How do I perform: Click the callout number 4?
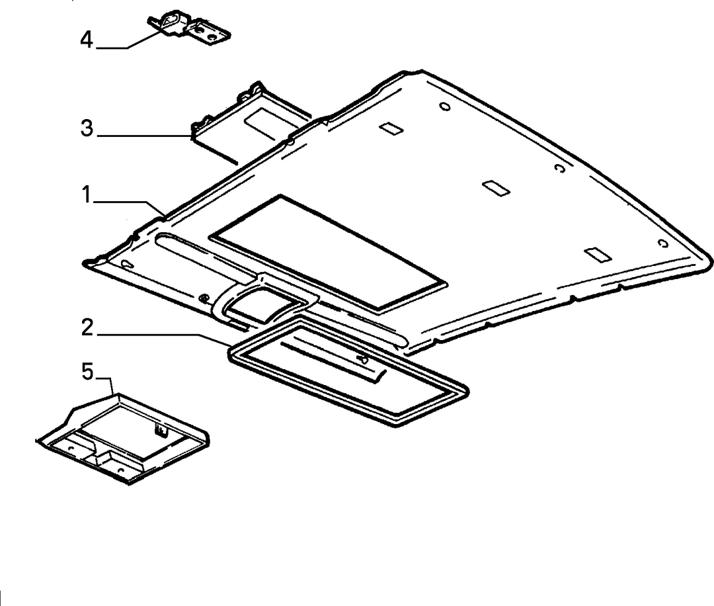(x=87, y=40)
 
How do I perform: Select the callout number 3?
(x=87, y=128)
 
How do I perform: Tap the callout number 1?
(x=87, y=195)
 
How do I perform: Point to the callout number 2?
(x=87, y=327)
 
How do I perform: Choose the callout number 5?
(x=87, y=371)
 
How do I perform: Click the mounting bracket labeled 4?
(x=188, y=27)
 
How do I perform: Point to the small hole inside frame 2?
(x=364, y=359)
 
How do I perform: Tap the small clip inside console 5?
(x=160, y=429)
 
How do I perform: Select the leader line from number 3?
(x=144, y=136)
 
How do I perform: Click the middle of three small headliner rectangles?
(x=496, y=188)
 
